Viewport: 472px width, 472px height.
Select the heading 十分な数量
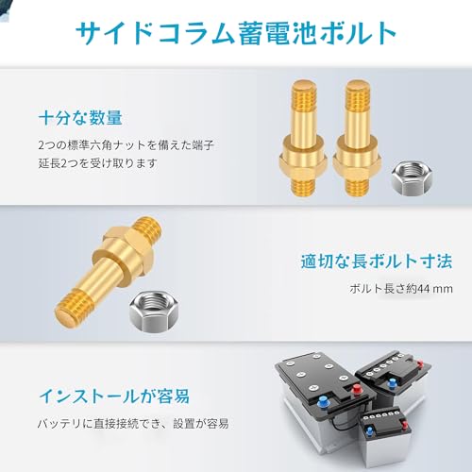79,119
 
